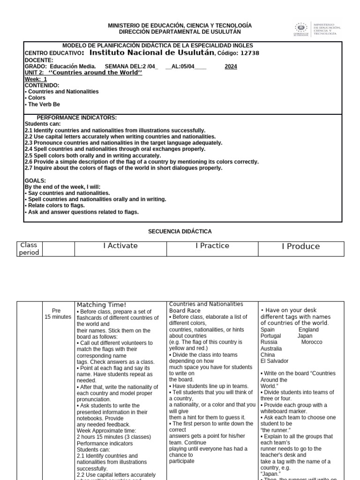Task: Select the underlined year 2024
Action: [x=231, y=67]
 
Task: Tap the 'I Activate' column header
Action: [x=120, y=246]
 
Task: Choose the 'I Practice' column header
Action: [x=212, y=246]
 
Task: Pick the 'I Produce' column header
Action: [x=300, y=246]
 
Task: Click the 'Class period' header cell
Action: [x=29, y=249]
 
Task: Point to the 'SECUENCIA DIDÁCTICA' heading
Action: [x=180, y=232]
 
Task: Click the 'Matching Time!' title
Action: [x=101, y=305]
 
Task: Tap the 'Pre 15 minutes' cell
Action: [x=57, y=314]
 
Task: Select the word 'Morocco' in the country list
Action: [x=312, y=342]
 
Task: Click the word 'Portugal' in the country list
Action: [x=271, y=336]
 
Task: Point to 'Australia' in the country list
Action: [x=271, y=349]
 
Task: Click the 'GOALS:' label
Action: [x=35, y=180]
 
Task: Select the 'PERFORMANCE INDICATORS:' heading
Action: [x=77, y=118]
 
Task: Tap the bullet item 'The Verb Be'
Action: [x=43, y=105]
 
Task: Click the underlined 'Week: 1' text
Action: [x=36, y=79]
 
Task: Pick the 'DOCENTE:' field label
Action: [x=39, y=60]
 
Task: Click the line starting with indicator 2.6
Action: [x=141, y=162]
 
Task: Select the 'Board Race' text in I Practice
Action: [x=185, y=310]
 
